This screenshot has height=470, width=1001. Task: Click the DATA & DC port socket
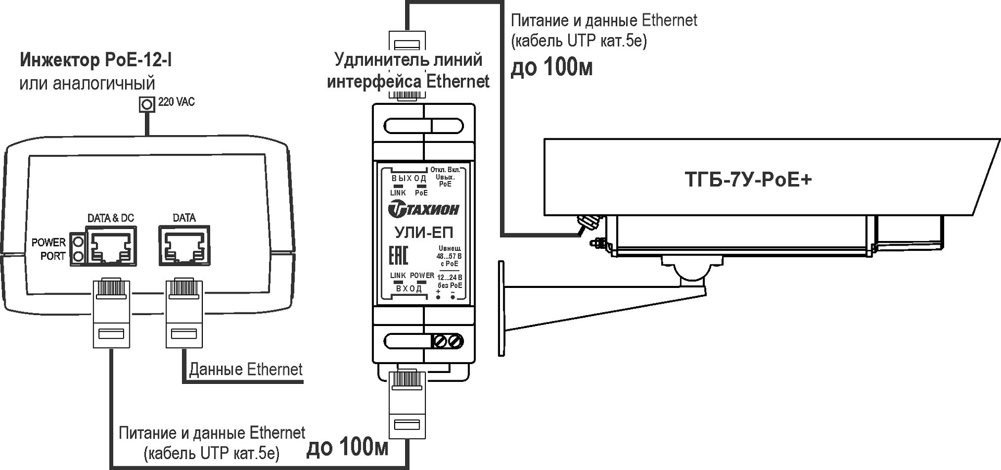112,247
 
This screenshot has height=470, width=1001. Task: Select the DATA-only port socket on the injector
184,246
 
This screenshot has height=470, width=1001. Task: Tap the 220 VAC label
176,102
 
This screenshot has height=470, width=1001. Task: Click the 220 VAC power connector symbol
147,104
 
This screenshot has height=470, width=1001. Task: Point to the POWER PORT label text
48,249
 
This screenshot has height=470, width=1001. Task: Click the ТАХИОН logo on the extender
423,210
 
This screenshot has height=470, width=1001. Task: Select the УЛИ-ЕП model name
423,232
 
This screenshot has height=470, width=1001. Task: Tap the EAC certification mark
399,256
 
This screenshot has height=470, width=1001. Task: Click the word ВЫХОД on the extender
409,178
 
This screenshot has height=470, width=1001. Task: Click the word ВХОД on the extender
409,288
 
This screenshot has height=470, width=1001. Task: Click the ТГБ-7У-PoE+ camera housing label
748,180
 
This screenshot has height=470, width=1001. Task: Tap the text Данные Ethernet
246,369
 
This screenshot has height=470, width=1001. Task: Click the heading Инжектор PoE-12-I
96,61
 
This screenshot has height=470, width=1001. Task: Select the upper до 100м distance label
552,68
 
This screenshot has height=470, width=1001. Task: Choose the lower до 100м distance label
347,448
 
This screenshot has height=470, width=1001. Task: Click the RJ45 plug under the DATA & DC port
111,313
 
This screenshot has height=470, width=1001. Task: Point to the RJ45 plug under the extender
408,404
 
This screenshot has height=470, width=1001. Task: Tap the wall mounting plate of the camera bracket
502,308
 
